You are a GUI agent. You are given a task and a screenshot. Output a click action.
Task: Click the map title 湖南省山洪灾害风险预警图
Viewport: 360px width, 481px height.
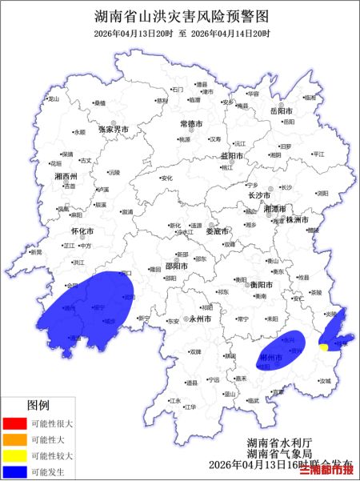[180, 15]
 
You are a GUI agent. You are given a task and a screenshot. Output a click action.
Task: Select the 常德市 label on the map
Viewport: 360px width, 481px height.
[192, 124]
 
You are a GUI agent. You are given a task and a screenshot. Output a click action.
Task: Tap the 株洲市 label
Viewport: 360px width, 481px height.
[298, 218]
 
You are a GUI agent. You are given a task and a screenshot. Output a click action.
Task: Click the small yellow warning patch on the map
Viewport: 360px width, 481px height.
[322, 347]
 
